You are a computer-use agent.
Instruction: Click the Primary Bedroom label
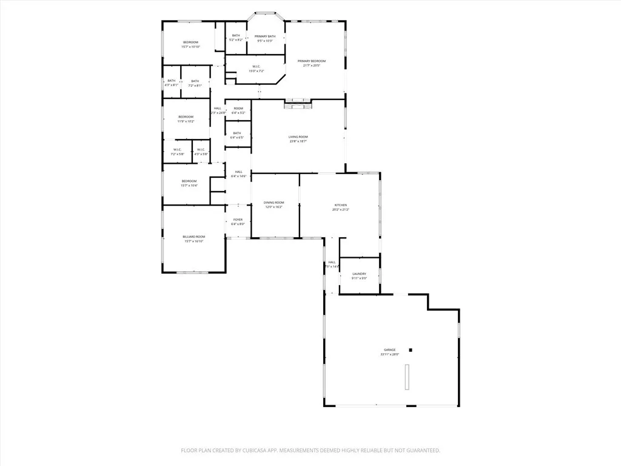(311, 61)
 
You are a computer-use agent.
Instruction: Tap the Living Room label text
(298, 137)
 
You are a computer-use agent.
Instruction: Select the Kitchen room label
(340, 206)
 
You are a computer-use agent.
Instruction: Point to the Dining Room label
(274, 203)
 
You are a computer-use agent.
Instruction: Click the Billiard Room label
(194, 237)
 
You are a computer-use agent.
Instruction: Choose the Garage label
(389, 350)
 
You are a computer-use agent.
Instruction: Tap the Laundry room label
(359, 274)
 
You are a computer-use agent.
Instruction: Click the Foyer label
(238, 220)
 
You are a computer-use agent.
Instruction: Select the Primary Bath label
(265, 36)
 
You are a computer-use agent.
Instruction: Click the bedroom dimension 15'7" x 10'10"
(190, 47)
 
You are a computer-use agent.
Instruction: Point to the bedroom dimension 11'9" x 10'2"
(186, 121)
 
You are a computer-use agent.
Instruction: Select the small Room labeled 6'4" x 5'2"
(238, 110)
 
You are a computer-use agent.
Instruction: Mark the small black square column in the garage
(411, 349)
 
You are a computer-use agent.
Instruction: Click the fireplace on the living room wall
(297, 104)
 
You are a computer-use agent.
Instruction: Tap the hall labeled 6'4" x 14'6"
(238, 174)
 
